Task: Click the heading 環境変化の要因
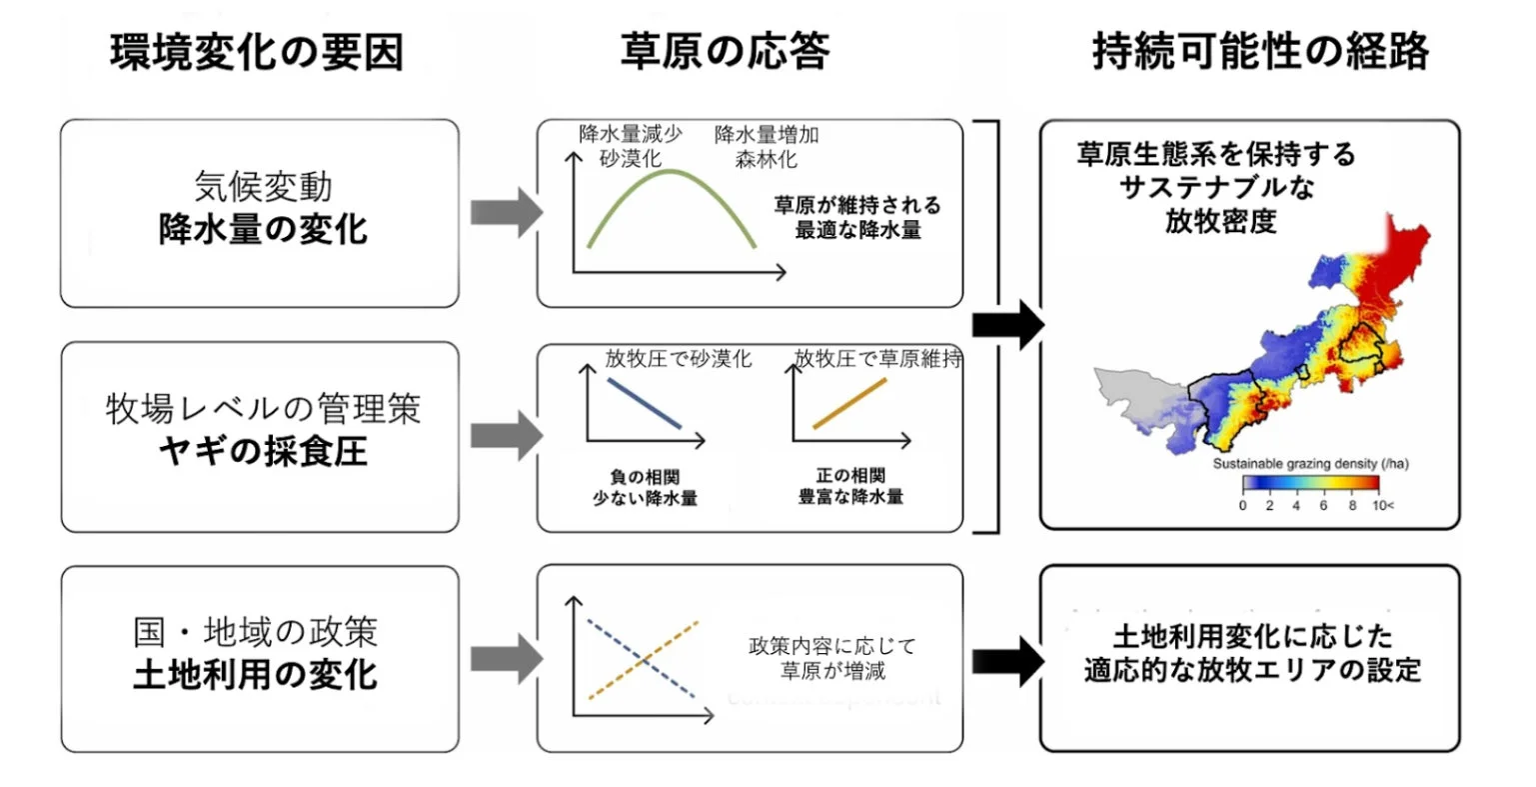click(x=257, y=52)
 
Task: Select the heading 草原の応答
click(x=725, y=51)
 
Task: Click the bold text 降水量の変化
click(x=263, y=230)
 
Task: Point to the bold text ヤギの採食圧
click(x=263, y=452)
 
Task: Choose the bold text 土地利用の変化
click(x=256, y=675)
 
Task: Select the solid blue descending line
click(x=645, y=403)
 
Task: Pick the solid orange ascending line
click(x=849, y=404)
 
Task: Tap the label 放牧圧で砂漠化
click(x=678, y=359)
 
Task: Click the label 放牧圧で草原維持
click(x=877, y=359)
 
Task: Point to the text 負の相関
click(x=645, y=477)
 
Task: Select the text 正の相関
click(x=850, y=475)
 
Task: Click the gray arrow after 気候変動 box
click(x=505, y=213)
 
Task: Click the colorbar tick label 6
click(x=1323, y=506)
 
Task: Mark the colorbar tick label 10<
click(x=1382, y=506)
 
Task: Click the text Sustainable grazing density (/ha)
click(x=1310, y=464)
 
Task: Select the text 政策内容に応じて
click(x=831, y=646)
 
